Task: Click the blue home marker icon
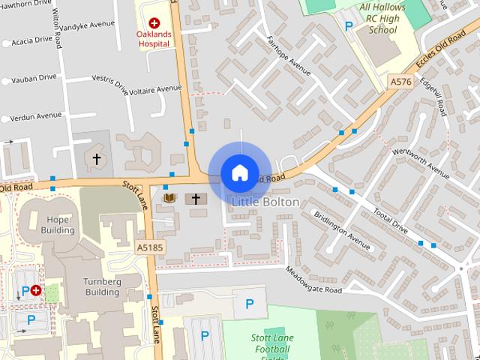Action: pyautogui.click(x=239, y=172)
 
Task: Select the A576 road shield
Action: pyautogui.click(x=400, y=80)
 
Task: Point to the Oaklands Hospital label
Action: pyautogui.click(x=153, y=39)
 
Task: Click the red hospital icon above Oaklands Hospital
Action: pyautogui.click(x=154, y=23)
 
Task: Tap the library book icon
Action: pyautogui.click(x=169, y=199)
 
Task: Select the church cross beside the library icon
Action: pyautogui.click(x=196, y=199)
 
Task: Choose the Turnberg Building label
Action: pyautogui.click(x=101, y=286)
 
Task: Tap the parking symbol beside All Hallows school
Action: pyautogui.click(x=348, y=25)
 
